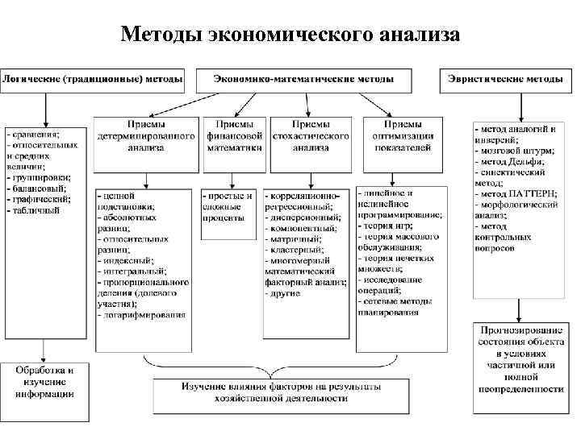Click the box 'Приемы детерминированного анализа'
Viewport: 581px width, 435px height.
[146, 136]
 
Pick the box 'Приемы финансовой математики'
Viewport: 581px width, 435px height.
[235, 136]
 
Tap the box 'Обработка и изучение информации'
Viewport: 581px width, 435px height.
[45, 382]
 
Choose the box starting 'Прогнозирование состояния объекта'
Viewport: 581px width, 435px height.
[519, 360]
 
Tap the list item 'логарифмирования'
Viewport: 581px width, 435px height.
[139, 315]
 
